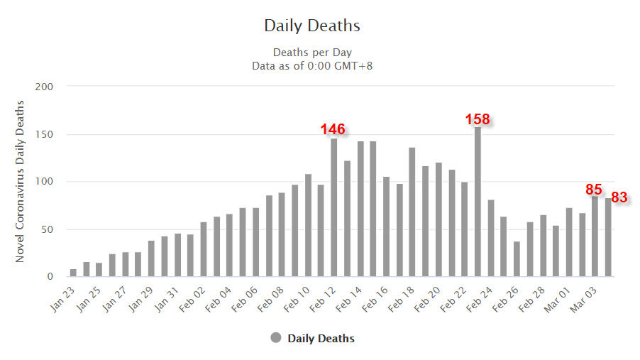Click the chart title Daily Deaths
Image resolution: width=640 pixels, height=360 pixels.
[312, 26]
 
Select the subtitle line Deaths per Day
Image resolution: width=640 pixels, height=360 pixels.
[312, 53]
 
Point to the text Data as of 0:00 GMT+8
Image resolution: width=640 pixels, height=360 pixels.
[312, 65]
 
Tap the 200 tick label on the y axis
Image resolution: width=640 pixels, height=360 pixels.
[45, 87]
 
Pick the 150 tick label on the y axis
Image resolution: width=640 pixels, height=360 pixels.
[45, 134]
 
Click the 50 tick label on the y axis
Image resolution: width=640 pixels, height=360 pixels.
[48, 229]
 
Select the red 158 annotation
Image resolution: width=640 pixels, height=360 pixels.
[478, 119]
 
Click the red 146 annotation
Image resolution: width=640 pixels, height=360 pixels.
[332, 129]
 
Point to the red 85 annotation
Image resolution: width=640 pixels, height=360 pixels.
[594, 190]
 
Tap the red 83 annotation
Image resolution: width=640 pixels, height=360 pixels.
[619, 197]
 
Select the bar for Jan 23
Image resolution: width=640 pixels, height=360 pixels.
[73, 273]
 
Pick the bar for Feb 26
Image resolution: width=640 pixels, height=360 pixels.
[517, 259]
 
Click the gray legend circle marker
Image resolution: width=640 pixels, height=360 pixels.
[276, 338]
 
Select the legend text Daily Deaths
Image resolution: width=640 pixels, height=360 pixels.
[321, 338]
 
